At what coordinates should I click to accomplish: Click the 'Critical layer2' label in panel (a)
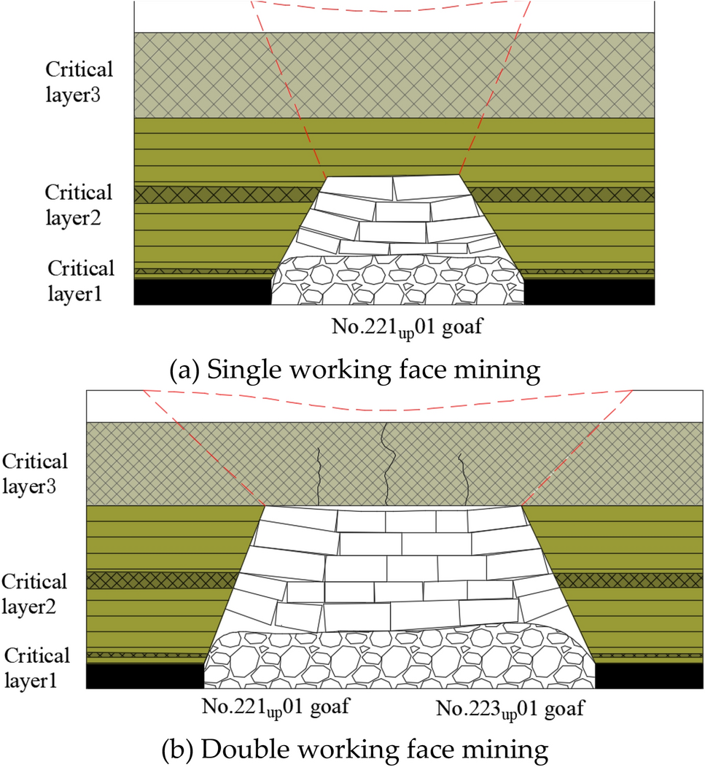79,205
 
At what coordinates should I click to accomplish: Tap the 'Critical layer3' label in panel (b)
35,473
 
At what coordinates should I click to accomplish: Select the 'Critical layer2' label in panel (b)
34,593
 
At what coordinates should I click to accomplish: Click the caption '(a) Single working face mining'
354,370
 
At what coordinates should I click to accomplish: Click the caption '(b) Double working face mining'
353,749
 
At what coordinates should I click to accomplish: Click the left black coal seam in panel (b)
144,675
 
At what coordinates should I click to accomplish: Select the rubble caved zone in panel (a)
398,281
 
